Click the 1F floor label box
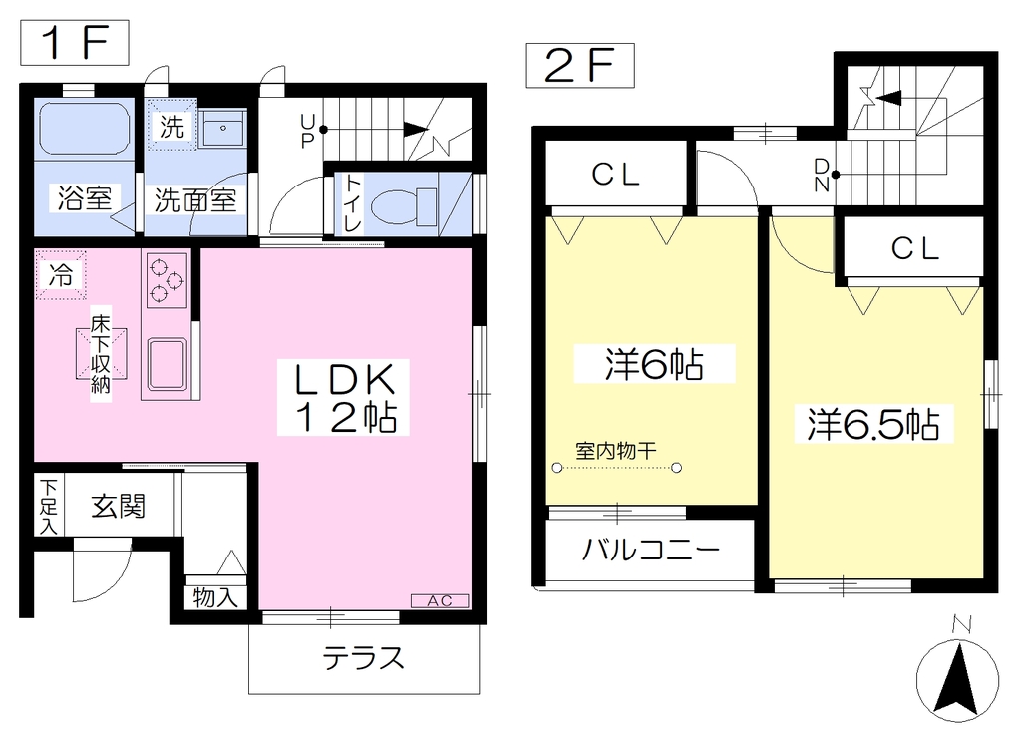(75, 43)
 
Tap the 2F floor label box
(580, 65)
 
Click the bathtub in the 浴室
(85, 128)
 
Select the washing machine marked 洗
(171, 125)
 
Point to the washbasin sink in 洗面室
(222, 128)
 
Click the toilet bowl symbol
(405, 206)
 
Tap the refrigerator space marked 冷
(61, 275)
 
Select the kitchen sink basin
(168, 363)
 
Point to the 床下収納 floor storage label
(101, 354)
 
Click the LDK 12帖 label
(344, 397)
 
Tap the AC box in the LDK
(440, 601)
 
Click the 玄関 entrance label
(118, 506)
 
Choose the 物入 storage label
(215, 597)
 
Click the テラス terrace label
(364, 658)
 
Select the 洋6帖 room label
(654, 364)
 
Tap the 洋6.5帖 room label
(873, 424)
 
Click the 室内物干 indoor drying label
(616, 450)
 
